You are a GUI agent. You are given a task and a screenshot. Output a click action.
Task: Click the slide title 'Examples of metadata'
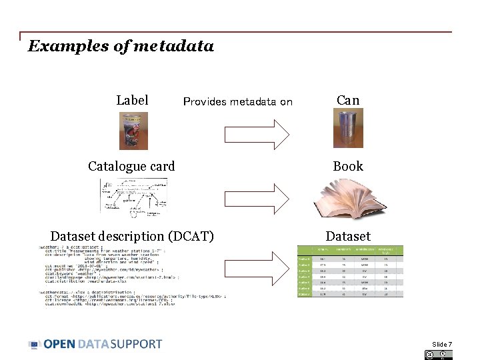(121, 46)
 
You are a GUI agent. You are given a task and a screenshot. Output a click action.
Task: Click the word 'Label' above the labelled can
(132, 100)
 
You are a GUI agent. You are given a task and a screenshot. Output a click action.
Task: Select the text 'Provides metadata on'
(237, 102)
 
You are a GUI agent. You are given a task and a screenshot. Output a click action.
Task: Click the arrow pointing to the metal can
(257, 134)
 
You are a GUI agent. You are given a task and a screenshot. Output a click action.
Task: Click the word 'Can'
(348, 100)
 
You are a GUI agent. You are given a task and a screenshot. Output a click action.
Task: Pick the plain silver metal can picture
(348, 129)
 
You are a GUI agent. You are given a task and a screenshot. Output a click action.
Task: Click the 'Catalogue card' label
(131, 166)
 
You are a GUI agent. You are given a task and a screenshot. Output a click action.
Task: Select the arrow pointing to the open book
(257, 198)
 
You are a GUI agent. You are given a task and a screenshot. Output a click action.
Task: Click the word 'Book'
(348, 166)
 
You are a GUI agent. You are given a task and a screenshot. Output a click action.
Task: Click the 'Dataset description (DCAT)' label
(132, 236)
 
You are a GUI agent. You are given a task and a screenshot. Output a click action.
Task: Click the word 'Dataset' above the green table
(348, 236)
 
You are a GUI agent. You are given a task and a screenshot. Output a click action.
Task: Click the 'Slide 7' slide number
(441, 344)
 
